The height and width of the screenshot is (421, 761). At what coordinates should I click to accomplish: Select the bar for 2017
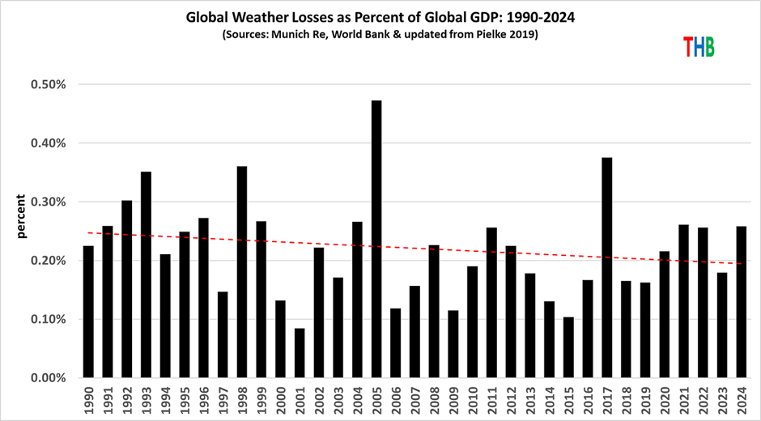click(607, 267)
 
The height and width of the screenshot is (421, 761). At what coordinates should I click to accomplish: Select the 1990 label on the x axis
click(88, 398)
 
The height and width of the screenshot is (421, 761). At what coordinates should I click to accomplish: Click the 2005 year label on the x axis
click(376, 398)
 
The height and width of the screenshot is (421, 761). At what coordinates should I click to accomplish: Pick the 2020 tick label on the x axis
click(665, 398)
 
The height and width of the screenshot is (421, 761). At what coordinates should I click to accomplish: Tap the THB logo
click(699, 47)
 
